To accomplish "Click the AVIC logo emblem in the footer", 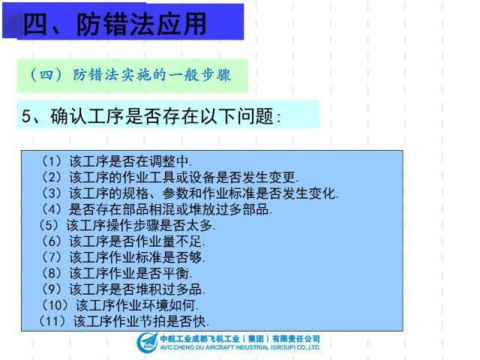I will tap(146, 342).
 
